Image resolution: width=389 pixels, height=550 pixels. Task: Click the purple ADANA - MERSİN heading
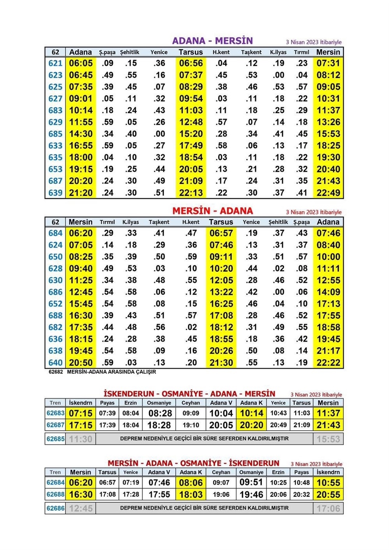click(213, 41)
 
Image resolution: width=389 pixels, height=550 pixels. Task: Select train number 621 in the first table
click(55, 63)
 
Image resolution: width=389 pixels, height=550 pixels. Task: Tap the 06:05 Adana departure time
click(81, 63)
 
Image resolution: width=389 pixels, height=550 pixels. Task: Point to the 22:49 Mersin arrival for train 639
click(328, 193)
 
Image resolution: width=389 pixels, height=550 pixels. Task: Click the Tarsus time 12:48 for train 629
click(191, 122)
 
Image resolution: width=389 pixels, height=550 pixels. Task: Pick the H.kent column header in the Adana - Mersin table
click(221, 52)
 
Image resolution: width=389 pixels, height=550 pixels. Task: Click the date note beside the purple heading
click(313, 42)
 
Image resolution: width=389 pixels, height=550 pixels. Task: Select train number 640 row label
click(55, 363)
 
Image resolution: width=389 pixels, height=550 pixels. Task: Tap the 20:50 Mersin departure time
click(81, 363)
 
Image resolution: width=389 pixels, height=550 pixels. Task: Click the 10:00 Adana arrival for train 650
click(328, 257)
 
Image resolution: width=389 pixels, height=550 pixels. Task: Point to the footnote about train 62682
click(102, 372)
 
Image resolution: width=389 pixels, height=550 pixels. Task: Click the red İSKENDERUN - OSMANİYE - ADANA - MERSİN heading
click(189, 394)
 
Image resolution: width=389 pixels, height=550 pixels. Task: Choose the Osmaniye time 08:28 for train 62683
click(160, 413)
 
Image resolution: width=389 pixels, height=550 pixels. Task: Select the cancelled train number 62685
click(55, 439)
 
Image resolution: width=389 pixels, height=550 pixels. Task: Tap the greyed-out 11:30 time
click(81, 439)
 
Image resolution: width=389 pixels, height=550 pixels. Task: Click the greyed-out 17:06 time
click(328, 508)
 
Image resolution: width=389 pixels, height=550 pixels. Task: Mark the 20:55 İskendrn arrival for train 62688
click(328, 495)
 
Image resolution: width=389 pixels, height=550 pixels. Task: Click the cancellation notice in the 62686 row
click(204, 508)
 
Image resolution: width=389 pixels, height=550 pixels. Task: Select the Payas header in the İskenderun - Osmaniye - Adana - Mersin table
click(107, 403)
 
